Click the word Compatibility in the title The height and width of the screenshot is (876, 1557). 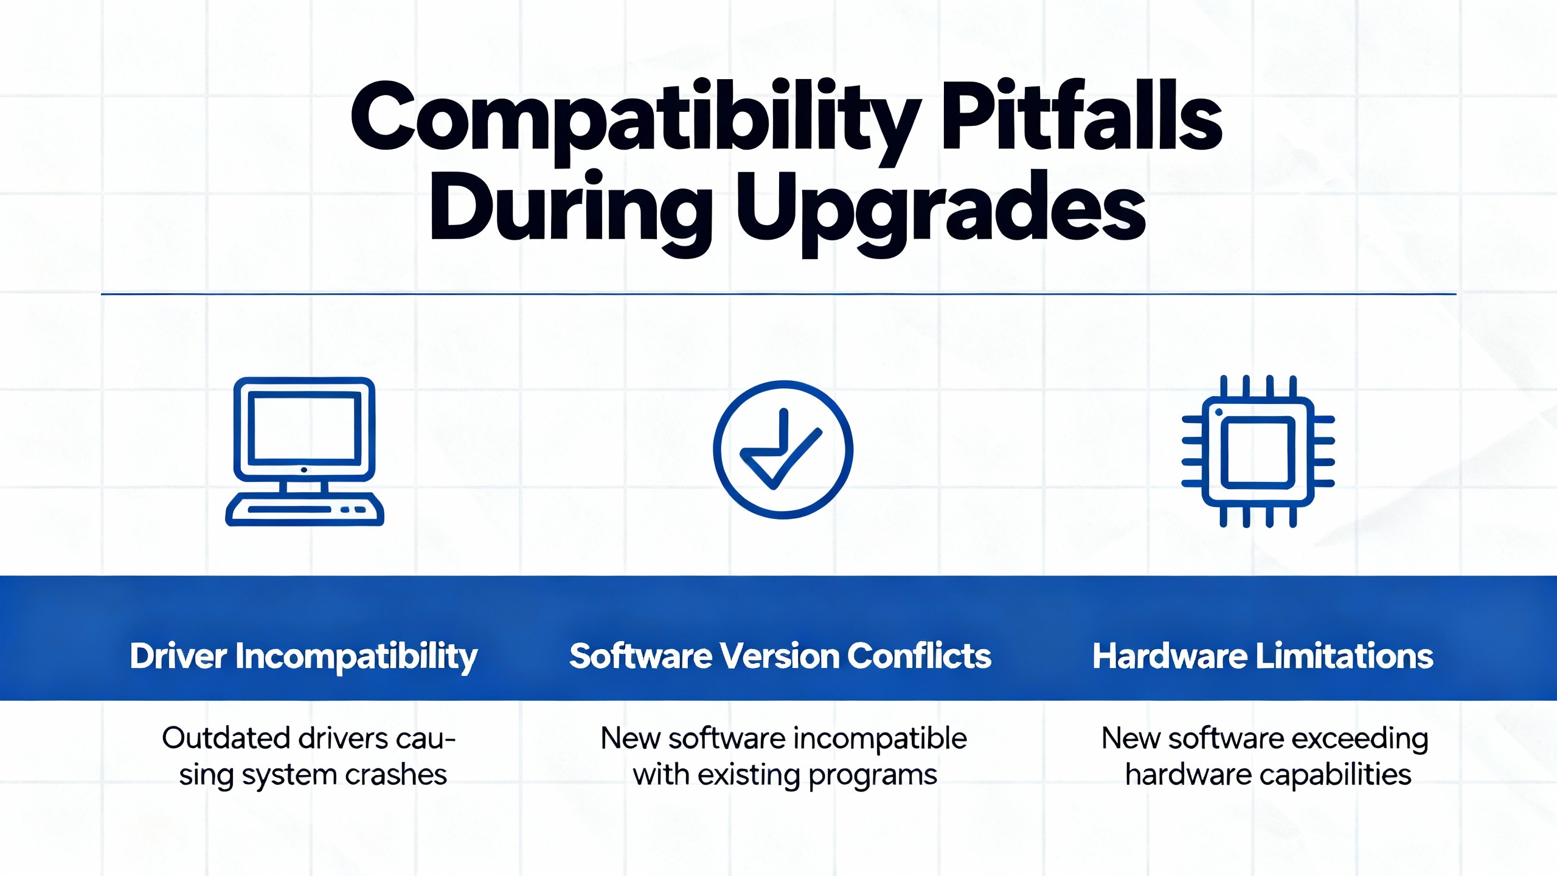[x=636, y=122]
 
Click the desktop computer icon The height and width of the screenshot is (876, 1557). [x=305, y=451]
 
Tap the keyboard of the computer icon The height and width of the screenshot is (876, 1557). [x=305, y=509]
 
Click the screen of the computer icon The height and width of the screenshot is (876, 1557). [x=304, y=427]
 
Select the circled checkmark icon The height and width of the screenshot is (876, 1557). [x=783, y=450]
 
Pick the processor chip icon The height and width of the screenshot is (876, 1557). [x=1258, y=451]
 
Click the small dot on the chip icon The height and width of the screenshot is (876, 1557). [x=1218, y=412]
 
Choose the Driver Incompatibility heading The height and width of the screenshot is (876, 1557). [x=303, y=657]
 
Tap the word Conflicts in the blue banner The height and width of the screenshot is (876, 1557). [x=920, y=656]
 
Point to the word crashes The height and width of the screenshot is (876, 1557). [x=396, y=775]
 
